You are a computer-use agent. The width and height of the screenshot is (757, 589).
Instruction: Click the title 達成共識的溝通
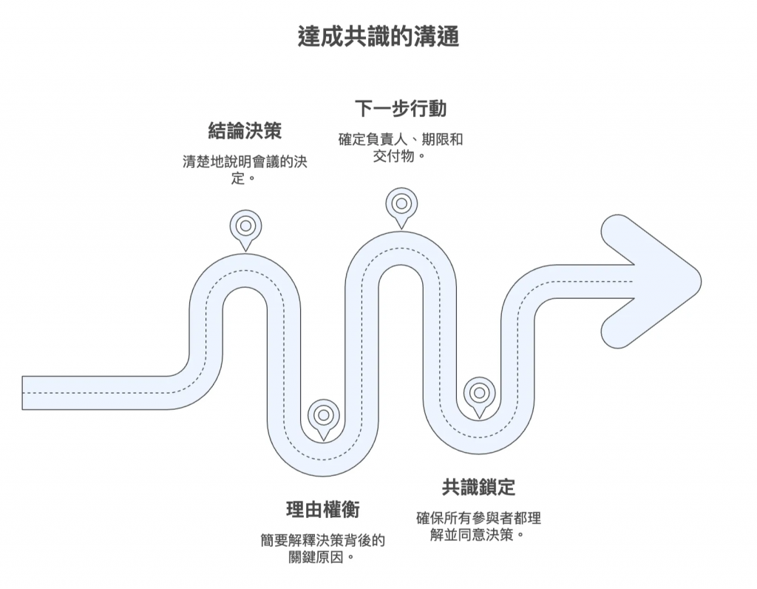[x=378, y=36]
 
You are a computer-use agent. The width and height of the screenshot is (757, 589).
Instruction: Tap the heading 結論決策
[x=245, y=132]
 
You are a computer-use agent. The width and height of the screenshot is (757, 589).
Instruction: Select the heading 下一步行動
[x=401, y=109]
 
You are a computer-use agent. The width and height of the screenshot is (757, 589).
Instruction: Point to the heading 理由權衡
[x=323, y=510]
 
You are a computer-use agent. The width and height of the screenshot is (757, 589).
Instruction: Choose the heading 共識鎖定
[x=479, y=487]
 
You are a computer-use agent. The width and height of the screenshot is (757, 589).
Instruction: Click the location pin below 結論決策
[x=245, y=227]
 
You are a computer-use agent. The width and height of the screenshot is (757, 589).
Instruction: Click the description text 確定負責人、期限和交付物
[x=401, y=147]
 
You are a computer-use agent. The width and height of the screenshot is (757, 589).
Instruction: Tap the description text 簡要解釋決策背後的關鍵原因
[x=323, y=548]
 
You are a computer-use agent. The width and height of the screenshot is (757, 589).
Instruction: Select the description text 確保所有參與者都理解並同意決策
[x=479, y=525]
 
